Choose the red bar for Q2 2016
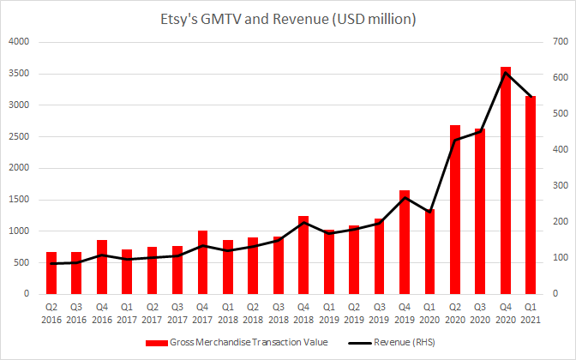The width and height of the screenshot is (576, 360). [x=51, y=273]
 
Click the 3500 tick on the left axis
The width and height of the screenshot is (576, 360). [x=17, y=74]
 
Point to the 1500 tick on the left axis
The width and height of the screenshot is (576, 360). [x=17, y=200]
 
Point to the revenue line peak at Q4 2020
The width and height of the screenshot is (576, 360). [x=506, y=73]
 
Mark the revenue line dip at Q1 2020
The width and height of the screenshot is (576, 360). [x=429, y=212]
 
